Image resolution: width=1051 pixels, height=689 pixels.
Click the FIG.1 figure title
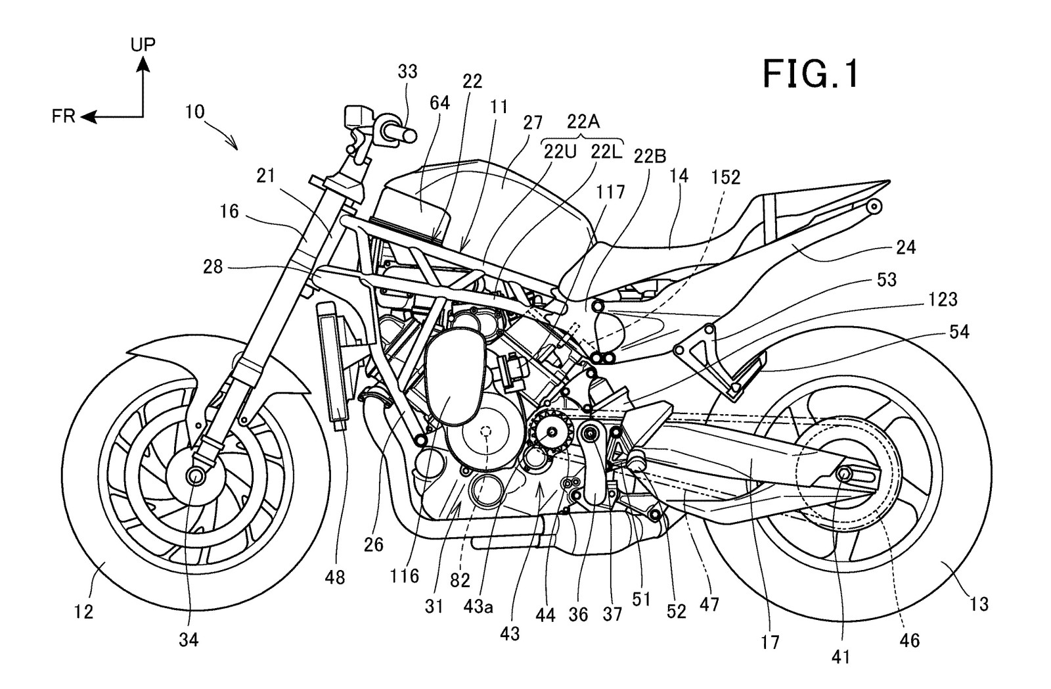[811, 74]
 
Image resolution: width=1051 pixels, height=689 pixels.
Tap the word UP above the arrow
[143, 45]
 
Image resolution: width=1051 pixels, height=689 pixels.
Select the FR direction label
[63, 116]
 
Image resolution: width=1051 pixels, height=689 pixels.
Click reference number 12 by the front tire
[83, 611]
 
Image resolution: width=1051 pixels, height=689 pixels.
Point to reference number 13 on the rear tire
[979, 604]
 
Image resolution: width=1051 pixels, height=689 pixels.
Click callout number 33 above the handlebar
[407, 72]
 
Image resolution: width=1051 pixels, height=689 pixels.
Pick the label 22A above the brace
[583, 122]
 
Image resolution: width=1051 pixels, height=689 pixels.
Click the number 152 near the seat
[725, 177]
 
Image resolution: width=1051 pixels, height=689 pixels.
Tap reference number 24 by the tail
[906, 247]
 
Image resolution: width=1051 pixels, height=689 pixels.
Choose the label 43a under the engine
[478, 607]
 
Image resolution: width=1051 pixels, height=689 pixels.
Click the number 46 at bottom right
[909, 640]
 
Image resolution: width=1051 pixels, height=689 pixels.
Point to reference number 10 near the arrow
[194, 112]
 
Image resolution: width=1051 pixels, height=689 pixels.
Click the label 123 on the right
[943, 299]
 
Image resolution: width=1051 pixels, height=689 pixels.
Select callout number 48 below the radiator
[334, 577]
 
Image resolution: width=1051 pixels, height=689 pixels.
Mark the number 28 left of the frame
[213, 267]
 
